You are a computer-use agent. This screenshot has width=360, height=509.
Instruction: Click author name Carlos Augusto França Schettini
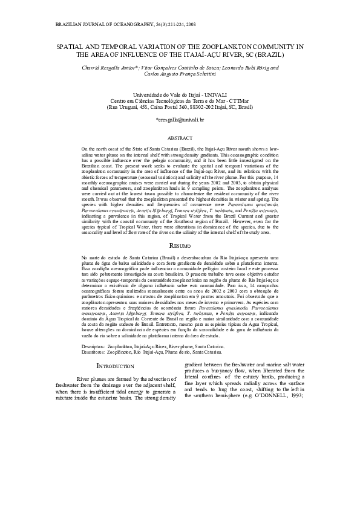point(180,75)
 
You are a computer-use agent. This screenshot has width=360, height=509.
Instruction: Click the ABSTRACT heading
point(180,138)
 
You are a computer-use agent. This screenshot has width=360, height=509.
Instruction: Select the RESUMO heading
point(180,263)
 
